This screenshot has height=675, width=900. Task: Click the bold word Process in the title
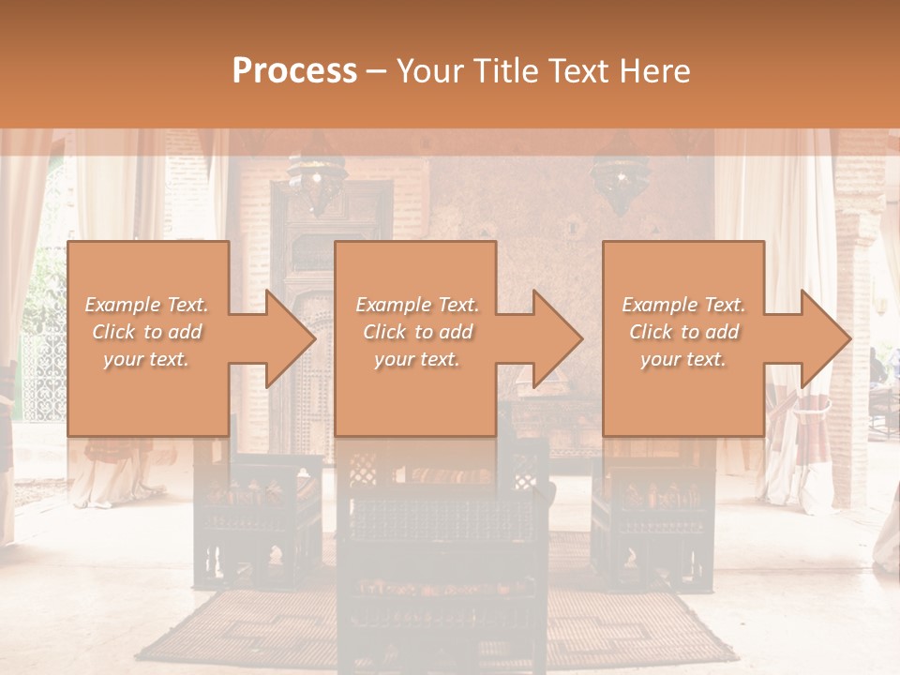point(294,71)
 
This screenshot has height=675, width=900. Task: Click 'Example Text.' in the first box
point(146,305)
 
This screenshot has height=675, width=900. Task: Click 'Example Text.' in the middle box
point(416,305)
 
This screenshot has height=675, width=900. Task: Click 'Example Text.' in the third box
point(683,305)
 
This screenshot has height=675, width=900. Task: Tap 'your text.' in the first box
point(146,359)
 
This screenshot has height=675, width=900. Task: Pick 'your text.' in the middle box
point(416,359)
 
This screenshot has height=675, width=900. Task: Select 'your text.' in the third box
point(683,359)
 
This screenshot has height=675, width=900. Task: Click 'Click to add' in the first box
point(146,332)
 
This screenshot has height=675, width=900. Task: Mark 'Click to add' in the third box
point(683,332)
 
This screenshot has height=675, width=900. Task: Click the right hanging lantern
point(618,178)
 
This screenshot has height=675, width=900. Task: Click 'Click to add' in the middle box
point(416,332)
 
